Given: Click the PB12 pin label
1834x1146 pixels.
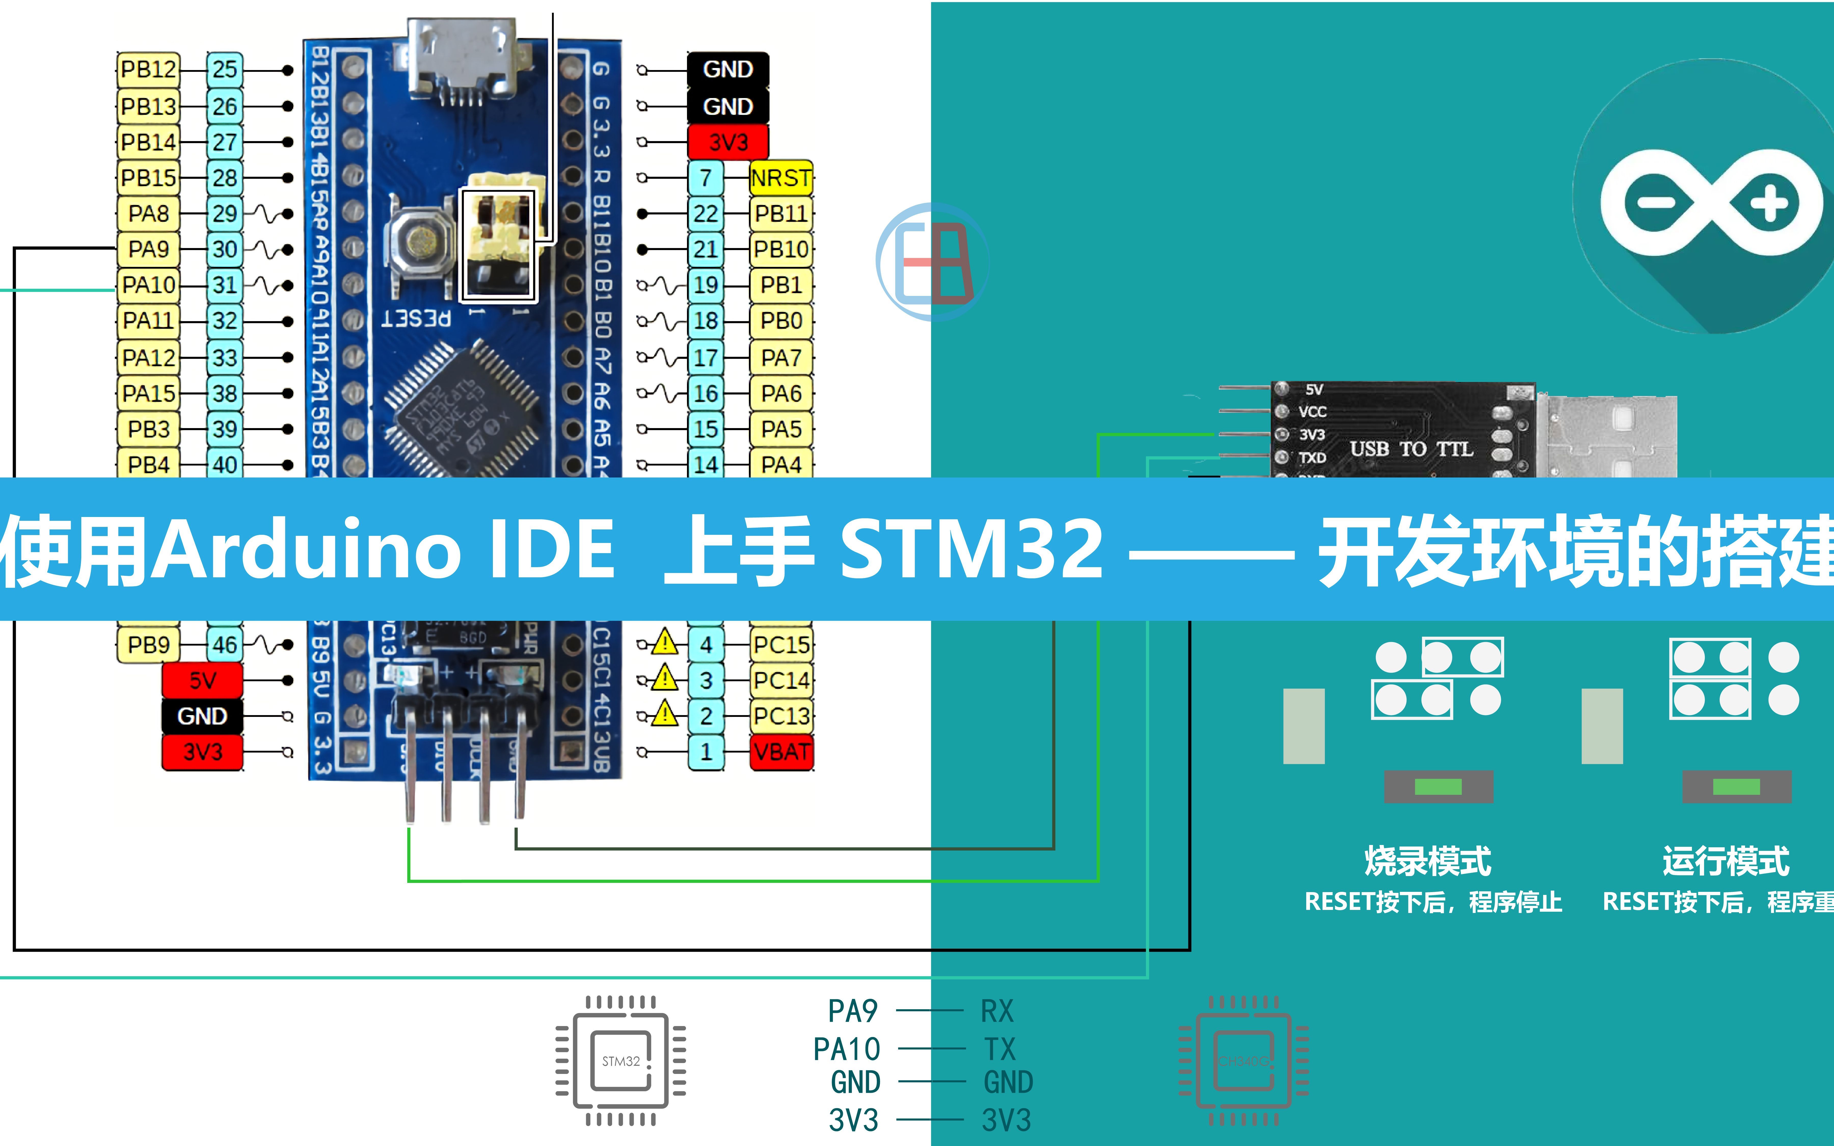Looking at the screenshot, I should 149,70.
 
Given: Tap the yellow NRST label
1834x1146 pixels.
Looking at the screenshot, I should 780,178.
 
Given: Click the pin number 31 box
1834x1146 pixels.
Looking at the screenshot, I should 224,285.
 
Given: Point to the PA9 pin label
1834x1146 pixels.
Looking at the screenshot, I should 149,249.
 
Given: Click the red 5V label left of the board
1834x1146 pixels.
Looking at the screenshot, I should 202,680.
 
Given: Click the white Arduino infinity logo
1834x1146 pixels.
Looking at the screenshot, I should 1711,202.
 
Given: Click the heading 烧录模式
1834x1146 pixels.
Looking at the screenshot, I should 1428,861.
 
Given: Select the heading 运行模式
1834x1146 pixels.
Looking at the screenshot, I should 1726,861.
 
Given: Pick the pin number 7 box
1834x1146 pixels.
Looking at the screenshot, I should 706,178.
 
